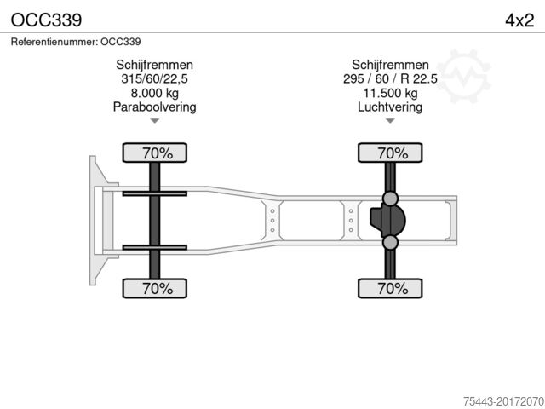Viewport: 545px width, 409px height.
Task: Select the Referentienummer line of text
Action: click(76, 41)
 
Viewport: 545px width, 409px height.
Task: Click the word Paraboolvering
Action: click(154, 107)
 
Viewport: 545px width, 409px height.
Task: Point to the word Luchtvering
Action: click(390, 107)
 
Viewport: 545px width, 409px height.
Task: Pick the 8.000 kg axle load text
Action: click(154, 93)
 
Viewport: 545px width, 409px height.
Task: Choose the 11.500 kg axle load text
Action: click(390, 93)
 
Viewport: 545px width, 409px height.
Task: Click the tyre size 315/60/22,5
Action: click(154, 79)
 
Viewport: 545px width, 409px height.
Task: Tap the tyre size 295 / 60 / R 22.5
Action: click(390, 79)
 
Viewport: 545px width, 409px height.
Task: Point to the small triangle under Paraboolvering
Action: click(154, 121)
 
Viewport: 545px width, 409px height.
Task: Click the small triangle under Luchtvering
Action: click(390, 121)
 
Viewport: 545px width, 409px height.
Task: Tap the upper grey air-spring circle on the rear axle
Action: click(390, 199)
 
